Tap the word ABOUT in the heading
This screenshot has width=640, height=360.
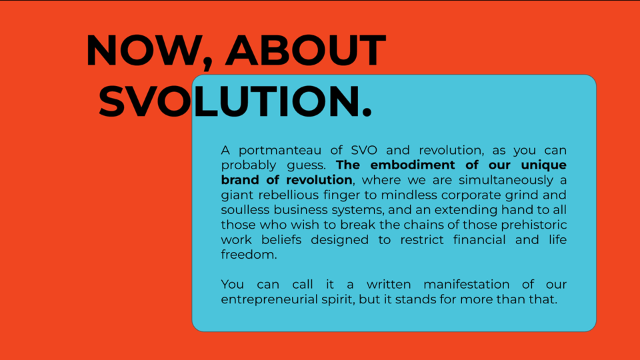click(x=306, y=50)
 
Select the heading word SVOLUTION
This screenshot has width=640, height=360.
click(x=235, y=101)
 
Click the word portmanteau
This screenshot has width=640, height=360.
click(x=280, y=151)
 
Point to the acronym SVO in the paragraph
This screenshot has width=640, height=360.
click(x=364, y=150)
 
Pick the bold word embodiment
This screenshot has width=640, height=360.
click(x=413, y=165)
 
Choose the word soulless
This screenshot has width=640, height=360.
click(x=245, y=210)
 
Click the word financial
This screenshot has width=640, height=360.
click(x=479, y=239)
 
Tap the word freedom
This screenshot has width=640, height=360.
click(x=249, y=255)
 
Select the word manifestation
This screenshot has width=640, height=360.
click(x=467, y=285)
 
